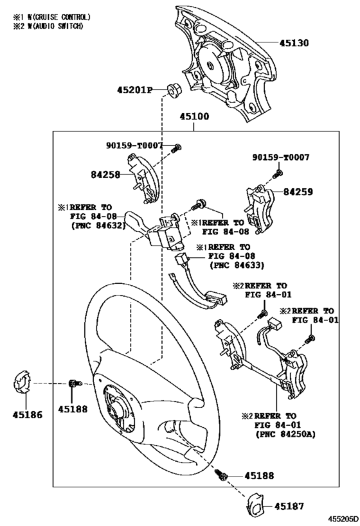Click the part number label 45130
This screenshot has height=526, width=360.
[x=294, y=44]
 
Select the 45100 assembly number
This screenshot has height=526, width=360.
[x=194, y=118]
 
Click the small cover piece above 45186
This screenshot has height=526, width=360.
[x=23, y=383]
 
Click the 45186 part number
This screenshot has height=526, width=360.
[x=26, y=415]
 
